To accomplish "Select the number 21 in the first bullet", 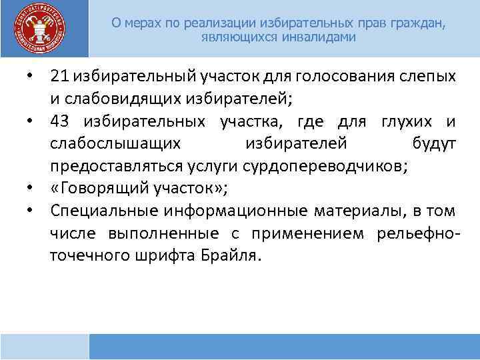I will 57,77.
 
